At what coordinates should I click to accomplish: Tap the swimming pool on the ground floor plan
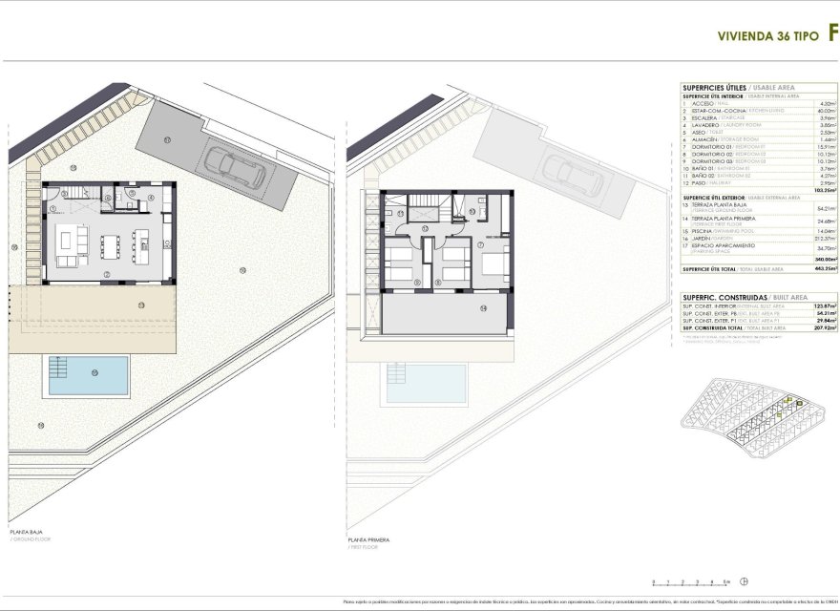[86, 376]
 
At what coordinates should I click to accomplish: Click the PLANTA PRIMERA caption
[368, 538]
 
